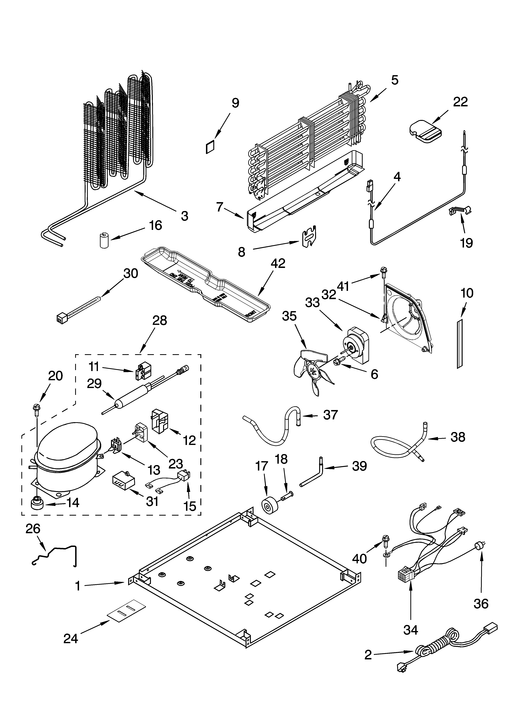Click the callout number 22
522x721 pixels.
(460, 102)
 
